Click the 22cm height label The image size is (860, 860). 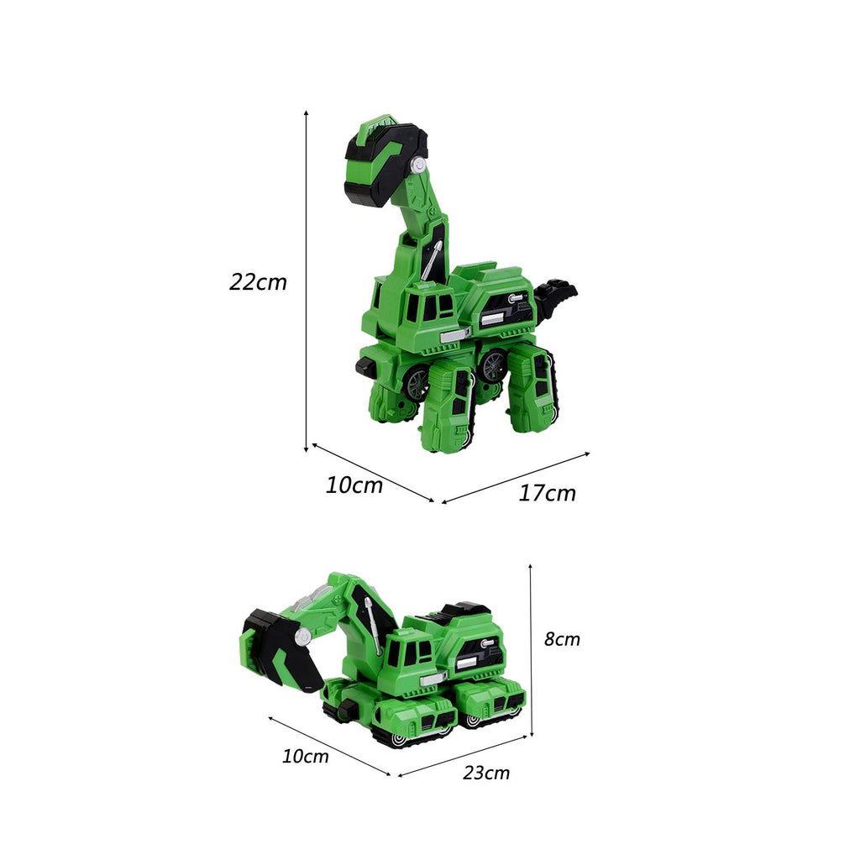[258, 282]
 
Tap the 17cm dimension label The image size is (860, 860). [547, 493]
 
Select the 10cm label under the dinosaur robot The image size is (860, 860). [354, 485]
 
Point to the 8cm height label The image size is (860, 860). [562, 639]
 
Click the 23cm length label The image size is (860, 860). [486, 773]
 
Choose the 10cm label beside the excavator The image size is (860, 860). [305, 757]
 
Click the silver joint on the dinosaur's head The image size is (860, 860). [420, 165]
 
